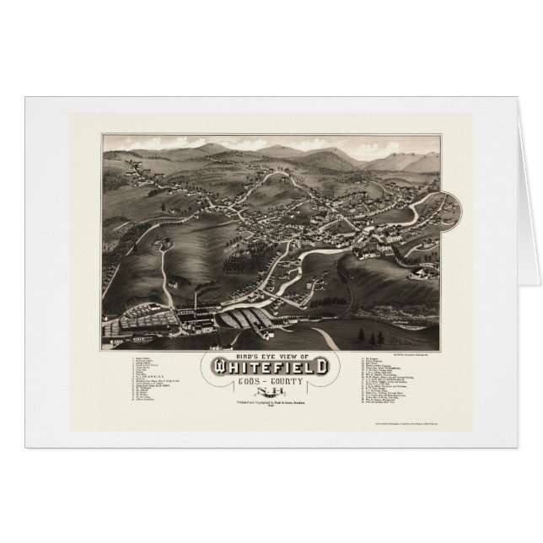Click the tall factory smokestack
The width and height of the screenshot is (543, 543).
pyautogui.click(x=196, y=300)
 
